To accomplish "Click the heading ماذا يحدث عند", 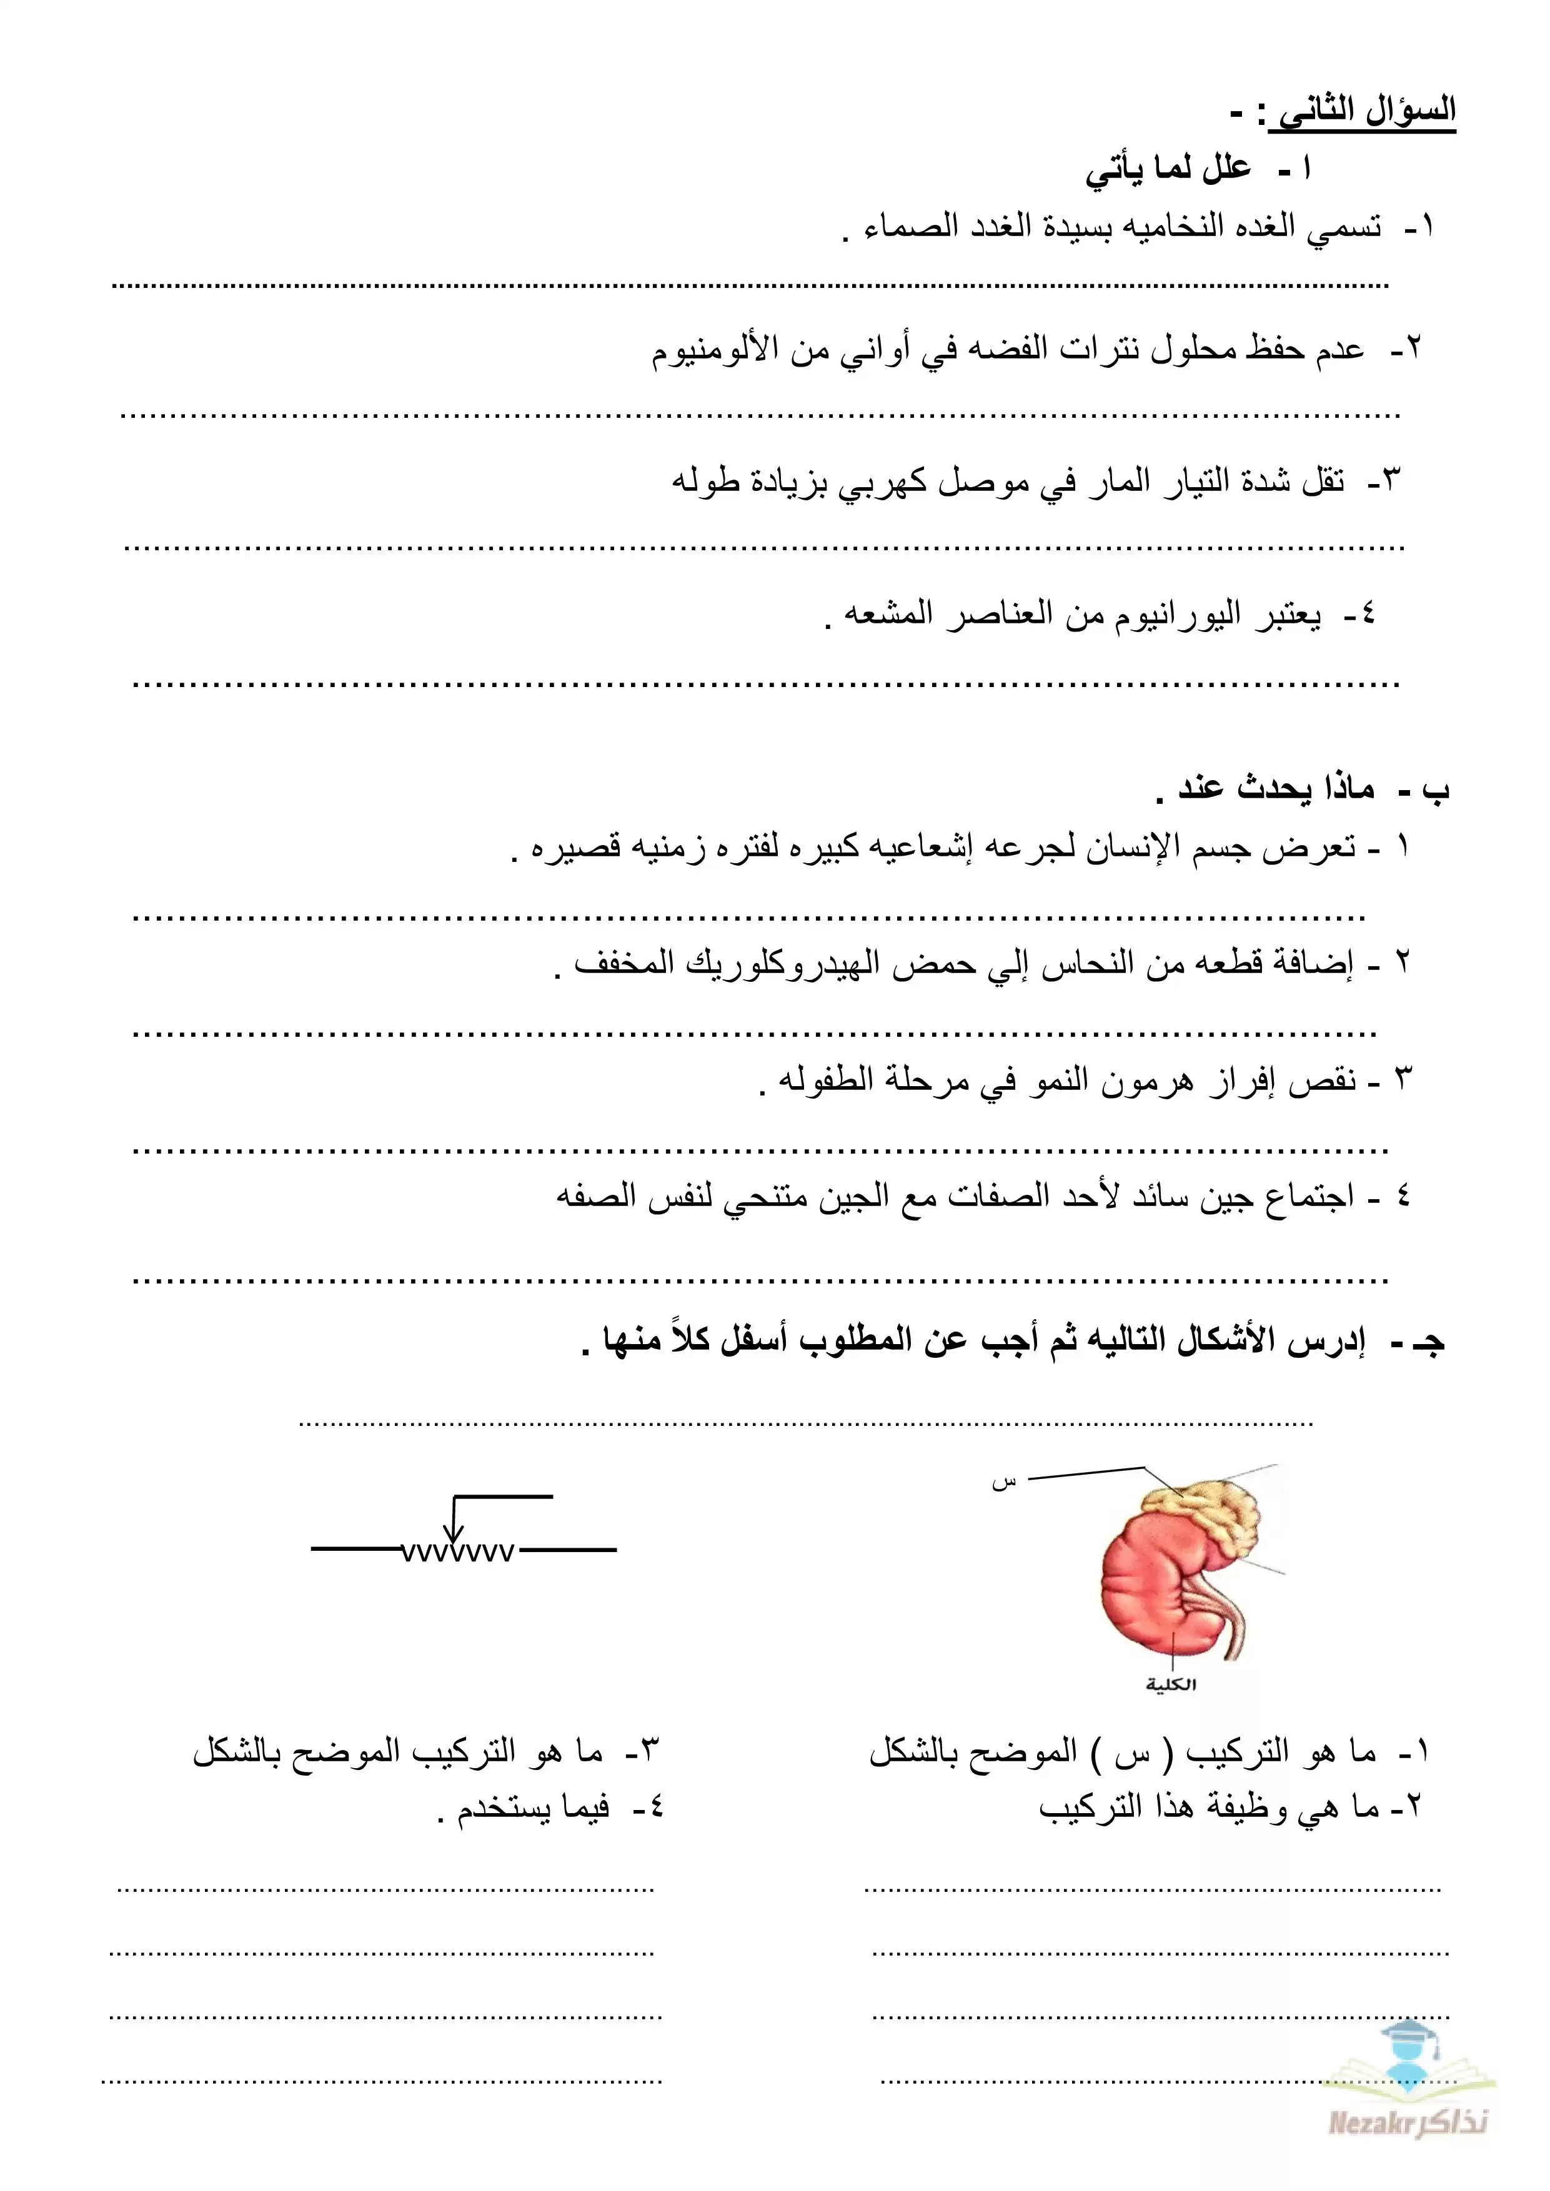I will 1276,788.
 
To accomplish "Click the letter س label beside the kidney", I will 1004,1483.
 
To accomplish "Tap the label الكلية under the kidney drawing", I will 1171,1684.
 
